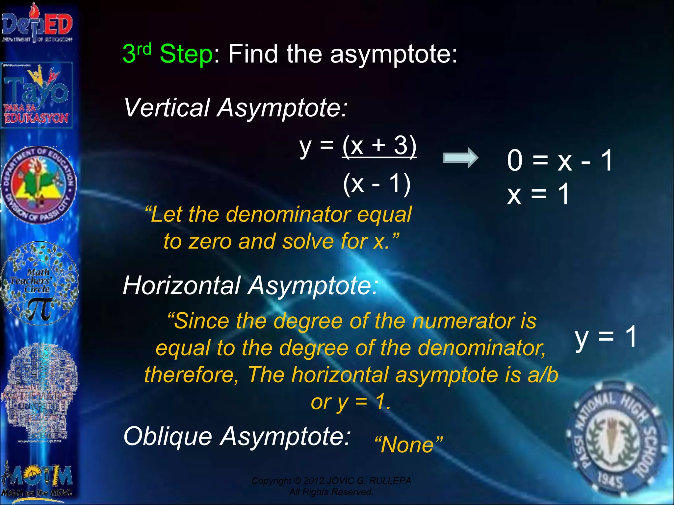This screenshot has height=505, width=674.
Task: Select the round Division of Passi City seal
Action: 39,185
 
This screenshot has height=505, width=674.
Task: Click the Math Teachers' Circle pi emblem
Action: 39,283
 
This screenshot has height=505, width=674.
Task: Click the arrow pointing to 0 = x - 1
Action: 460,158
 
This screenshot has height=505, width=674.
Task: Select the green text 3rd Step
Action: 168,54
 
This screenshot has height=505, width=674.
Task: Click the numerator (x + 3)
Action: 379,145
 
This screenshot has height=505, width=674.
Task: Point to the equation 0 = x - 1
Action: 559,160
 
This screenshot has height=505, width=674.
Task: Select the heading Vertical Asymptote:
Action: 235,108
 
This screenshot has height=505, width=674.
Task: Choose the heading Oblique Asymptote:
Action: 237,436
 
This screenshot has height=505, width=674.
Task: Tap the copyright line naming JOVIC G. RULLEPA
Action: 331,481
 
